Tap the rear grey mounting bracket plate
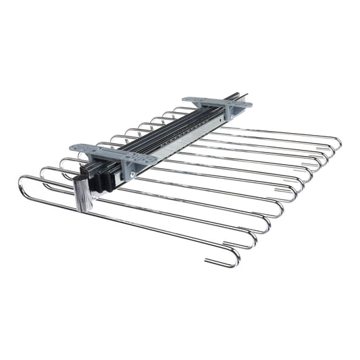pos(215,103)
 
